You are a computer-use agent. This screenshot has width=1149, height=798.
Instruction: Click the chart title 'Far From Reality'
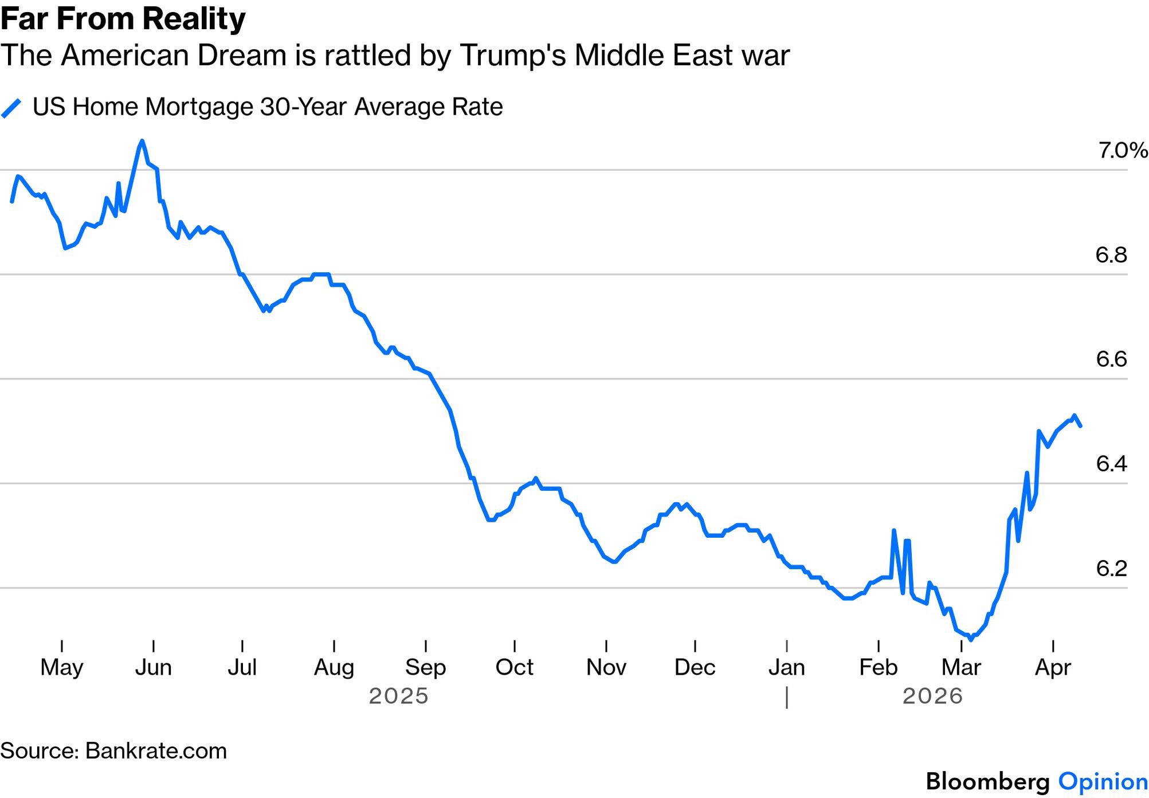point(123,18)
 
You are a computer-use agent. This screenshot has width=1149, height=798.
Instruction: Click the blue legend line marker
point(11,108)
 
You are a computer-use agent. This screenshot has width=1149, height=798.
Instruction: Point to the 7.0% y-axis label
point(1122,151)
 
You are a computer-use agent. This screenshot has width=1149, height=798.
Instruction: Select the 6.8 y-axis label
point(1111,255)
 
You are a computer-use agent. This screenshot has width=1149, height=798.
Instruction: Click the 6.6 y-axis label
point(1111,359)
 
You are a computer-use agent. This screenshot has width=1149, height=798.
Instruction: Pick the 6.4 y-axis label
point(1111,464)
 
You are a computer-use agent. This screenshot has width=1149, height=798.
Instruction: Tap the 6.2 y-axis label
point(1111,569)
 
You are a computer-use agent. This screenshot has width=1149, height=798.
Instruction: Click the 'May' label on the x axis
point(62,667)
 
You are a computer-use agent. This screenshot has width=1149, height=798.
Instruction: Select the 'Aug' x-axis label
point(334,667)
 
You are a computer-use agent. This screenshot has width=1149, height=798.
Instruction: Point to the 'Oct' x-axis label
point(514,667)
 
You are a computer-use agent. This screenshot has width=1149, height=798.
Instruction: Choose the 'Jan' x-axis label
point(786,667)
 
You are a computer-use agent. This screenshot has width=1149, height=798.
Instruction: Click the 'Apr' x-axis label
point(1053,667)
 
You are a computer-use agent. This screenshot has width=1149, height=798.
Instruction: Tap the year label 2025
point(398,696)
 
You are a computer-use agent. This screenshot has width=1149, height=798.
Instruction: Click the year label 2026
point(932,696)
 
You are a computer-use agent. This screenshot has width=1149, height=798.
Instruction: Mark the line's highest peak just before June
point(142,140)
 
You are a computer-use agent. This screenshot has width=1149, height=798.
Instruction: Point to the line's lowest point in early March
point(971,639)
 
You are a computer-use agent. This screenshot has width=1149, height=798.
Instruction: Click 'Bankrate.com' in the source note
point(156,751)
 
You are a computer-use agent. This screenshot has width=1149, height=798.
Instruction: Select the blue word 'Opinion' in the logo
point(1103,782)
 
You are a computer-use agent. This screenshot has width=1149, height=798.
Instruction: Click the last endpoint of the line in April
point(1080,426)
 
